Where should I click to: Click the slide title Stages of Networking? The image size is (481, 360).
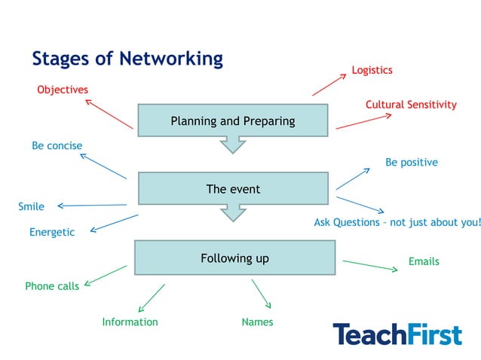pyautogui.click(x=127, y=58)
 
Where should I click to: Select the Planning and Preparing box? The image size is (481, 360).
pyautogui.click(x=232, y=121)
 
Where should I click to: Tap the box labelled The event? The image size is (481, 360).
pyautogui.click(x=232, y=188)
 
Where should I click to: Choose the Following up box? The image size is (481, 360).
pyautogui.click(x=234, y=258)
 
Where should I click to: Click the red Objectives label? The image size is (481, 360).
pyautogui.click(x=63, y=90)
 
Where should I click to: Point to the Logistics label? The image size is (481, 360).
pyautogui.click(x=372, y=70)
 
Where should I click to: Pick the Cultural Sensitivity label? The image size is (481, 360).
pyautogui.click(x=411, y=105)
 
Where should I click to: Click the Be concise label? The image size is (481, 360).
pyautogui.click(x=57, y=145)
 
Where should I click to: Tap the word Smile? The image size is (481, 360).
pyautogui.click(x=31, y=206)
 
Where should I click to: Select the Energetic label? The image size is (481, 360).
pyautogui.click(x=52, y=232)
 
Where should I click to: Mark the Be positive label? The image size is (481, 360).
pyautogui.click(x=411, y=162)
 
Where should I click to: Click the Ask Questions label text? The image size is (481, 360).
pyautogui.click(x=397, y=222)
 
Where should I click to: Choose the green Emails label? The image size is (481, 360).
pyautogui.click(x=424, y=261)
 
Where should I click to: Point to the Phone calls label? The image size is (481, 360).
pyautogui.click(x=52, y=286)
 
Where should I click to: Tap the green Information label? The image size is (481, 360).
pyautogui.click(x=130, y=322)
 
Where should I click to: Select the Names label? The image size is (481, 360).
pyautogui.click(x=257, y=322)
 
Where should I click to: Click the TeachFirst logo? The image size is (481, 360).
pyautogui.click(x=397, y=334)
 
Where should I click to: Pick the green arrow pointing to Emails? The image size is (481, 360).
pyautogui.click(x=369, y=265)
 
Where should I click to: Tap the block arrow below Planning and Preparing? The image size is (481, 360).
pyautogui.click(x=233, y=144)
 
